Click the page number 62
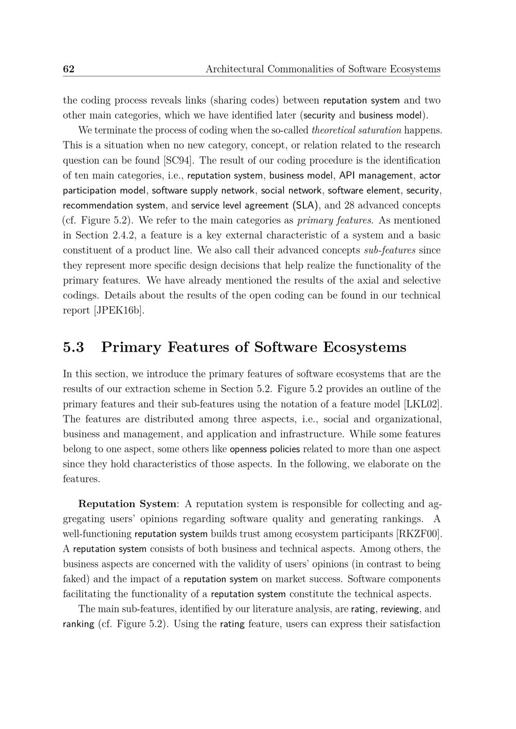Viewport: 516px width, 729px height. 69,69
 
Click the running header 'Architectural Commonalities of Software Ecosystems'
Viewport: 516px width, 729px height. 323,69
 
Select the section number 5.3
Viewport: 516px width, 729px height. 73,347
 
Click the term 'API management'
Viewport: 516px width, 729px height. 376,176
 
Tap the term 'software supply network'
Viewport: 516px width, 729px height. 203,191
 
